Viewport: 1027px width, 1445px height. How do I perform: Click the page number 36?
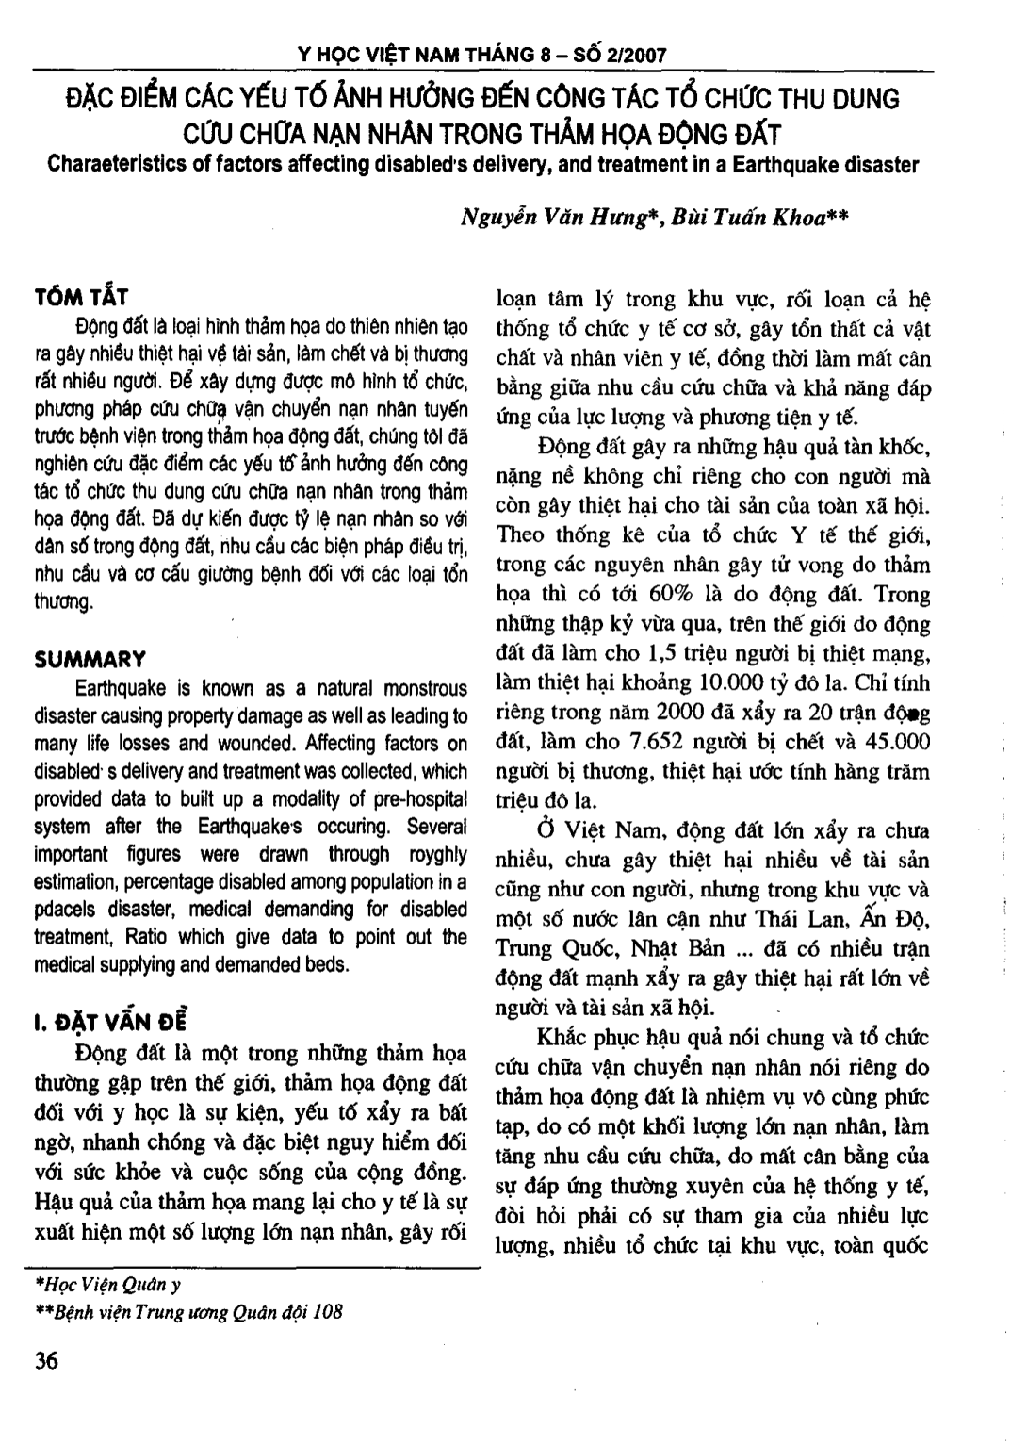pos(46,1361)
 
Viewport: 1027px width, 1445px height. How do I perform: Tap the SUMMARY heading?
pos(90,659)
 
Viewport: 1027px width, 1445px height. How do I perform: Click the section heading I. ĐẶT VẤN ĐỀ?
pos(110,1020)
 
